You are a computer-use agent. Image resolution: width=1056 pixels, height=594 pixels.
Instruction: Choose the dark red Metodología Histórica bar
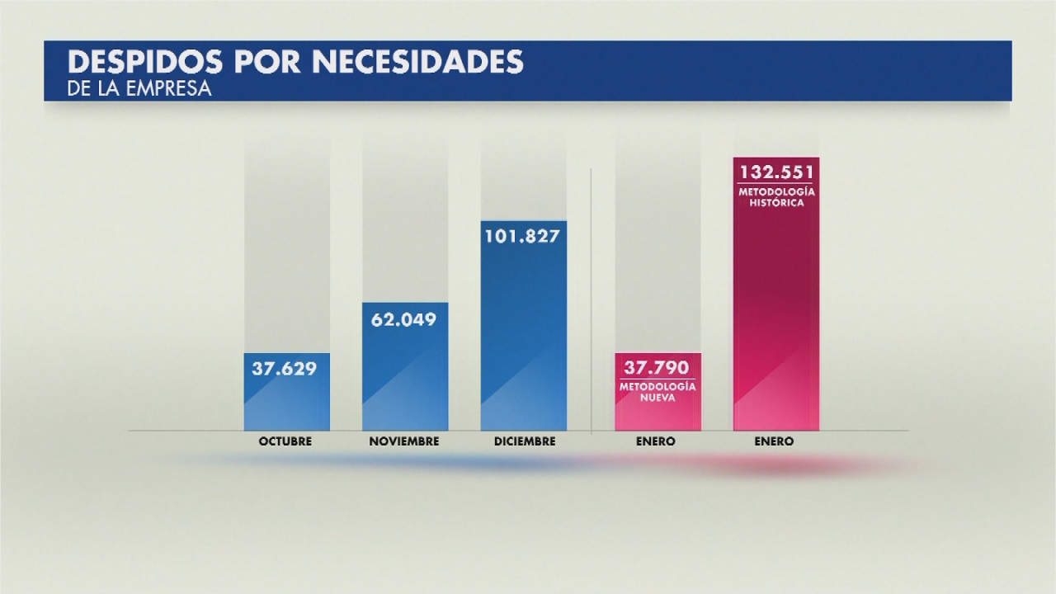[775, 313]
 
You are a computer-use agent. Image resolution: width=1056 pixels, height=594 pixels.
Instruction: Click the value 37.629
[285, 369]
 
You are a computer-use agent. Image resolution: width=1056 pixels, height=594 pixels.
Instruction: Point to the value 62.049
[404, 318]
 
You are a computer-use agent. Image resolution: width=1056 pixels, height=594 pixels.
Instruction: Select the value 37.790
[658, 369]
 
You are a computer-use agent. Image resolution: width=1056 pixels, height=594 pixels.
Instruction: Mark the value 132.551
[776, 172]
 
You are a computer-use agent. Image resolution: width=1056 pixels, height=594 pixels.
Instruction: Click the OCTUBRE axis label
[285, 441]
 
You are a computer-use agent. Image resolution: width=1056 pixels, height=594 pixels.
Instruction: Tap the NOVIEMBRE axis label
[404, 441]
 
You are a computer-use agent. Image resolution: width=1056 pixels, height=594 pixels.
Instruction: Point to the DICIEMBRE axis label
[525, 441]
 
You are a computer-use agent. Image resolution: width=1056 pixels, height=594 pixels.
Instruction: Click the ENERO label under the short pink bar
[656, 441]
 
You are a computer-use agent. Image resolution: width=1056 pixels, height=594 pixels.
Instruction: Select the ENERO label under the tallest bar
[774, 441]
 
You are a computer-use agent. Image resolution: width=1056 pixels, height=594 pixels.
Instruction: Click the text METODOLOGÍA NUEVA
[658, 391]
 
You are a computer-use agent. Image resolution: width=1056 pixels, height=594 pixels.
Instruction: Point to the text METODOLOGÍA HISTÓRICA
[776, 197]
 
